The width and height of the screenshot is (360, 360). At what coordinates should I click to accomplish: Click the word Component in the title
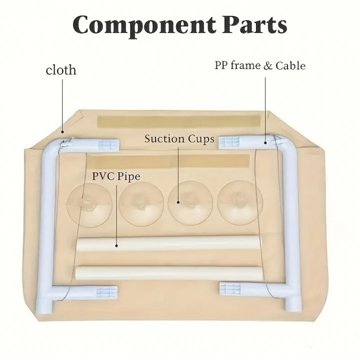[144, 25]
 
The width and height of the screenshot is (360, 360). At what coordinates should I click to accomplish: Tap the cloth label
[61, 70]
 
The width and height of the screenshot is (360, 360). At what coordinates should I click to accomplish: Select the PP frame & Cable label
[260, 65]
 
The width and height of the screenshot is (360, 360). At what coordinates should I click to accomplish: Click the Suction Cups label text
[179, 139]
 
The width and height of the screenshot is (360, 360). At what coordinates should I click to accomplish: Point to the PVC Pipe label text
[116, 176]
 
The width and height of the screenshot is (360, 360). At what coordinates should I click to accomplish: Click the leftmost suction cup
[89, 202]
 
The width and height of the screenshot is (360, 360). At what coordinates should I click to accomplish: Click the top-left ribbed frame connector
[108, 145]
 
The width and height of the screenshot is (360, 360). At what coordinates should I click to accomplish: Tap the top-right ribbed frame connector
[229, 142]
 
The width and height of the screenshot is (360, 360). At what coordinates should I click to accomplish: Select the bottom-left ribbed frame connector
[107, 292]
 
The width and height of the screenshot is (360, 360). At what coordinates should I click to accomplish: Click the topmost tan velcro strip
[179, 121]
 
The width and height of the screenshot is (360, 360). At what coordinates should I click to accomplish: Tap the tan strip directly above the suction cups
[170, 160]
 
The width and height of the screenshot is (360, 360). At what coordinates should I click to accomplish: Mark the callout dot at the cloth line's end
[62, 132]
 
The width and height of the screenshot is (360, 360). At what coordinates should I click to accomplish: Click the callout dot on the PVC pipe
[116, 245]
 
